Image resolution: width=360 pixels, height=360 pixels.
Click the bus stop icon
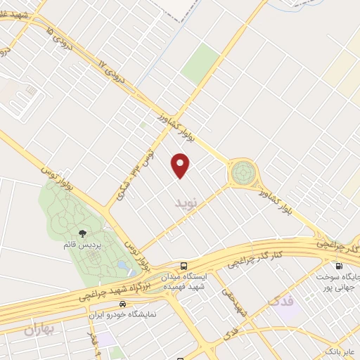click(x=184, y=266)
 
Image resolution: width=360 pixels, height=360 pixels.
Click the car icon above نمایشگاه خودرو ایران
click(x=123, y=304)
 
